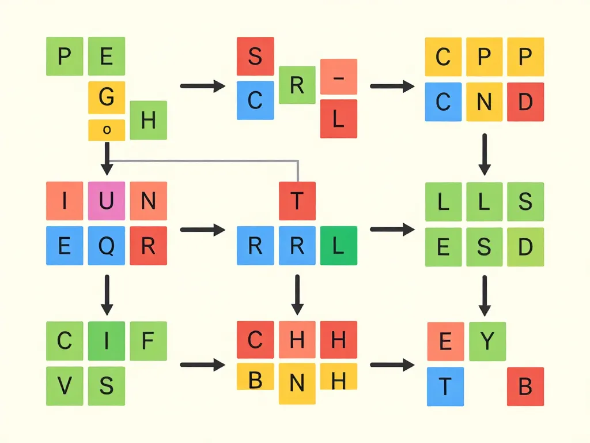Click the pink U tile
107,201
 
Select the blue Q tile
107,246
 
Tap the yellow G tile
107,97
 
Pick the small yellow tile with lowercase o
107,130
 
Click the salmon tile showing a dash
339,77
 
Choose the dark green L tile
339,246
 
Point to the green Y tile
487,341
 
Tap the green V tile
65,386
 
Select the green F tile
148,341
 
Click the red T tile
297,201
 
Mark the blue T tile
445,386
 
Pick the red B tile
525,386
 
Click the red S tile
255,56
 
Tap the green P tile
65,56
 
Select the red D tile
525,102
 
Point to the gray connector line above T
204,161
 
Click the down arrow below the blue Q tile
107,295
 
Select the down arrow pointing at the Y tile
485,296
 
